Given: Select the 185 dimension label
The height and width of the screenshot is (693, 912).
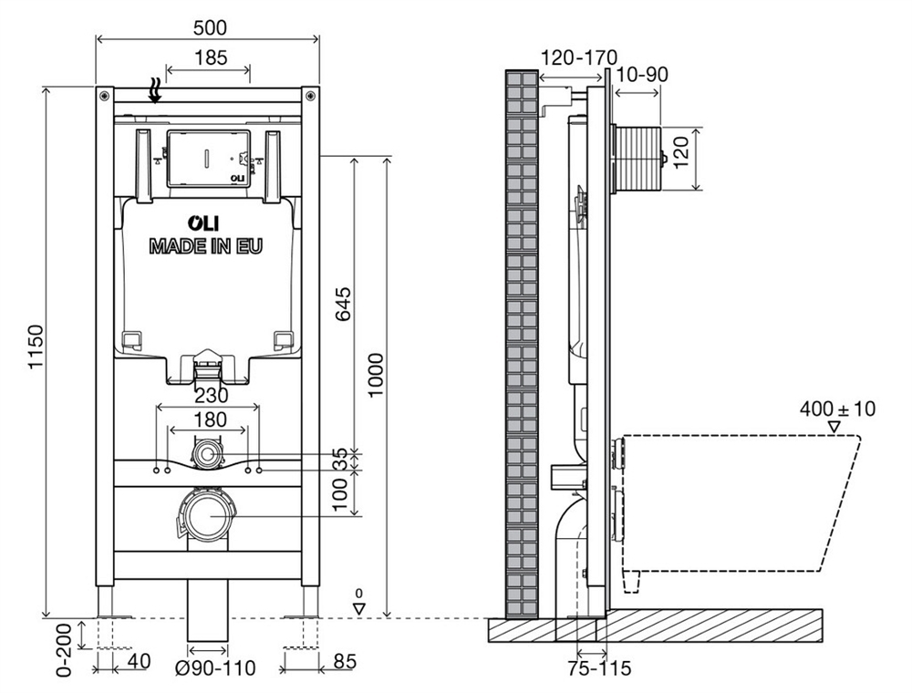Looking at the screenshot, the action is (x=210, y=57).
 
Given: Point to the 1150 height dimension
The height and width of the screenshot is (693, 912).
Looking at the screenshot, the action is (x=36, y=346).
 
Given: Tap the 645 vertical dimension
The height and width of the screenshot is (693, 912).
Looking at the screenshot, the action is (x=343, y=305).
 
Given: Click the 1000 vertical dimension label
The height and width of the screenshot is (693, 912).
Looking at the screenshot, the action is (x=377, y=375).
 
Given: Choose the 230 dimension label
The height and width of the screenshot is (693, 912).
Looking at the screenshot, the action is (x=212, y=396).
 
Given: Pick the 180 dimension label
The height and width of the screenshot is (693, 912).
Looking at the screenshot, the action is (x=210, y=419).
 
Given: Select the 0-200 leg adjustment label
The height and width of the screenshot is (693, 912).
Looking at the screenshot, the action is (x=64, y=649).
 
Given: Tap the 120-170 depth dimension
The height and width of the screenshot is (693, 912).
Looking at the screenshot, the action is (x=579, y=57).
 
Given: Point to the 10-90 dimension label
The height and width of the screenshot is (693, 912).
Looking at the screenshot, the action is (x=641, y=75).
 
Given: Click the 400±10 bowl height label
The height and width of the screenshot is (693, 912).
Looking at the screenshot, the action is (x=837, y=409).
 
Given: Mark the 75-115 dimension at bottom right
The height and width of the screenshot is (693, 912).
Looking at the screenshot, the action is (x=599, y=668).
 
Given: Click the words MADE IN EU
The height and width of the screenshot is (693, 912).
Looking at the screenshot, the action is (x=206, y=246).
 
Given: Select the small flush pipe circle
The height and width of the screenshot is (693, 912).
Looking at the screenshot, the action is (x=206, y=452).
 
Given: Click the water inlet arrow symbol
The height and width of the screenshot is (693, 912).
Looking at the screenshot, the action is (x=155, y=91).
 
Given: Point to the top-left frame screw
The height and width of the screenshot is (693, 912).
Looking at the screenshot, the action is (x=104, y=95).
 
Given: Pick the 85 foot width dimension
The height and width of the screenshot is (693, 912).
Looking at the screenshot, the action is (x=345, y=661).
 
